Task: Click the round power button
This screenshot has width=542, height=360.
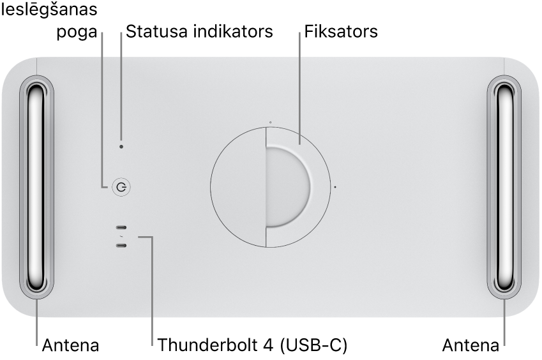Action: click(x=121, y=187)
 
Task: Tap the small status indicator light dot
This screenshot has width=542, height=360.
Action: click(x=122, y=146)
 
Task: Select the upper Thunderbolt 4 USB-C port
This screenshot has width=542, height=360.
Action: click(x=121, y=228)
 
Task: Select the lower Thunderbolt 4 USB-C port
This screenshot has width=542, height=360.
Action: click(x=121, y=245)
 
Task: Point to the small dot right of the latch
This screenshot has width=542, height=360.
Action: click(x=336, y=188)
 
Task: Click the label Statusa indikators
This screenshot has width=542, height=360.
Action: click(x=199, y=31)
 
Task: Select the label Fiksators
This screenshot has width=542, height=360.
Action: click(x=341, y=31)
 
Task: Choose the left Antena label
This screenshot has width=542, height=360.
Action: click(x=71, y=346)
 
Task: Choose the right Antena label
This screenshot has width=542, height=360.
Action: click(x=471, y=346)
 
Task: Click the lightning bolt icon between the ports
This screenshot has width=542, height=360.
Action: click(x=121, y=237)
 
